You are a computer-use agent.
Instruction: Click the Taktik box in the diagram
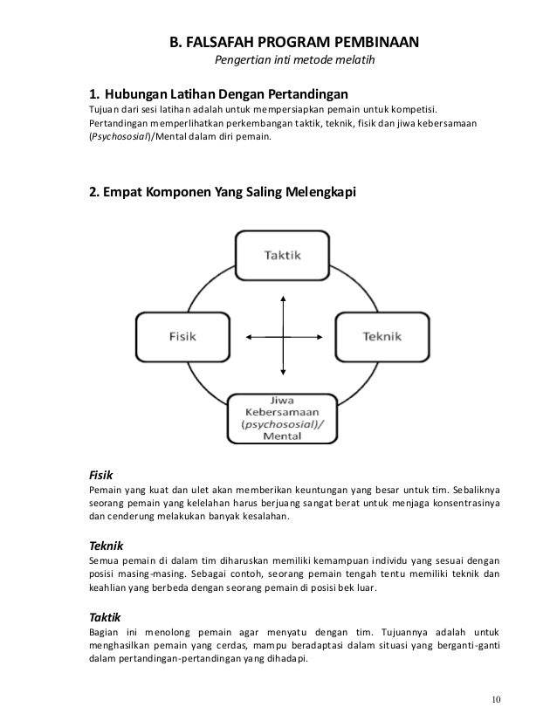pos(282,255)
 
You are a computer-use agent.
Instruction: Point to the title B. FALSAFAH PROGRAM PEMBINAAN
pos(294,42)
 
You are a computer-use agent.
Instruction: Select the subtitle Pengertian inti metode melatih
pos(294,62)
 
